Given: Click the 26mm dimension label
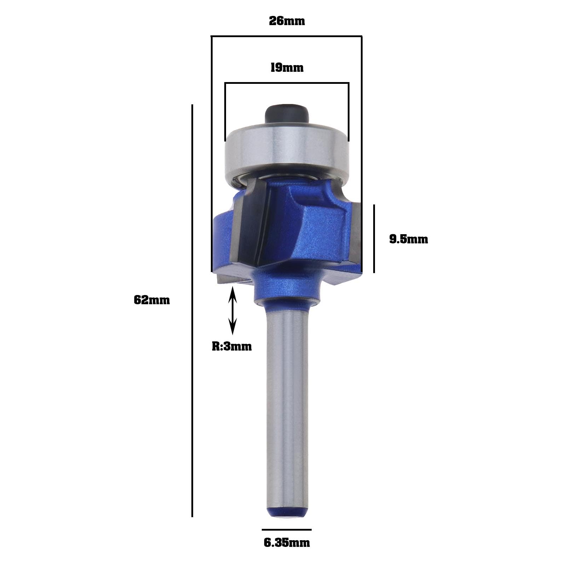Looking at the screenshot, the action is coord(287,21).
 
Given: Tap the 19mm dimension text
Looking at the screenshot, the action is coord(287,67).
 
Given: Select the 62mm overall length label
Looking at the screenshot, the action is coord(152,300).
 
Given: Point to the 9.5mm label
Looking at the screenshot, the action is coord(409,239).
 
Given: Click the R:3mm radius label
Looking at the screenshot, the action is coord(232,346).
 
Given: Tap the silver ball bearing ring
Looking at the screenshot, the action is coord(287,152).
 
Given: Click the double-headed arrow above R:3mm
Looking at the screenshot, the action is coord(232,311).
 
